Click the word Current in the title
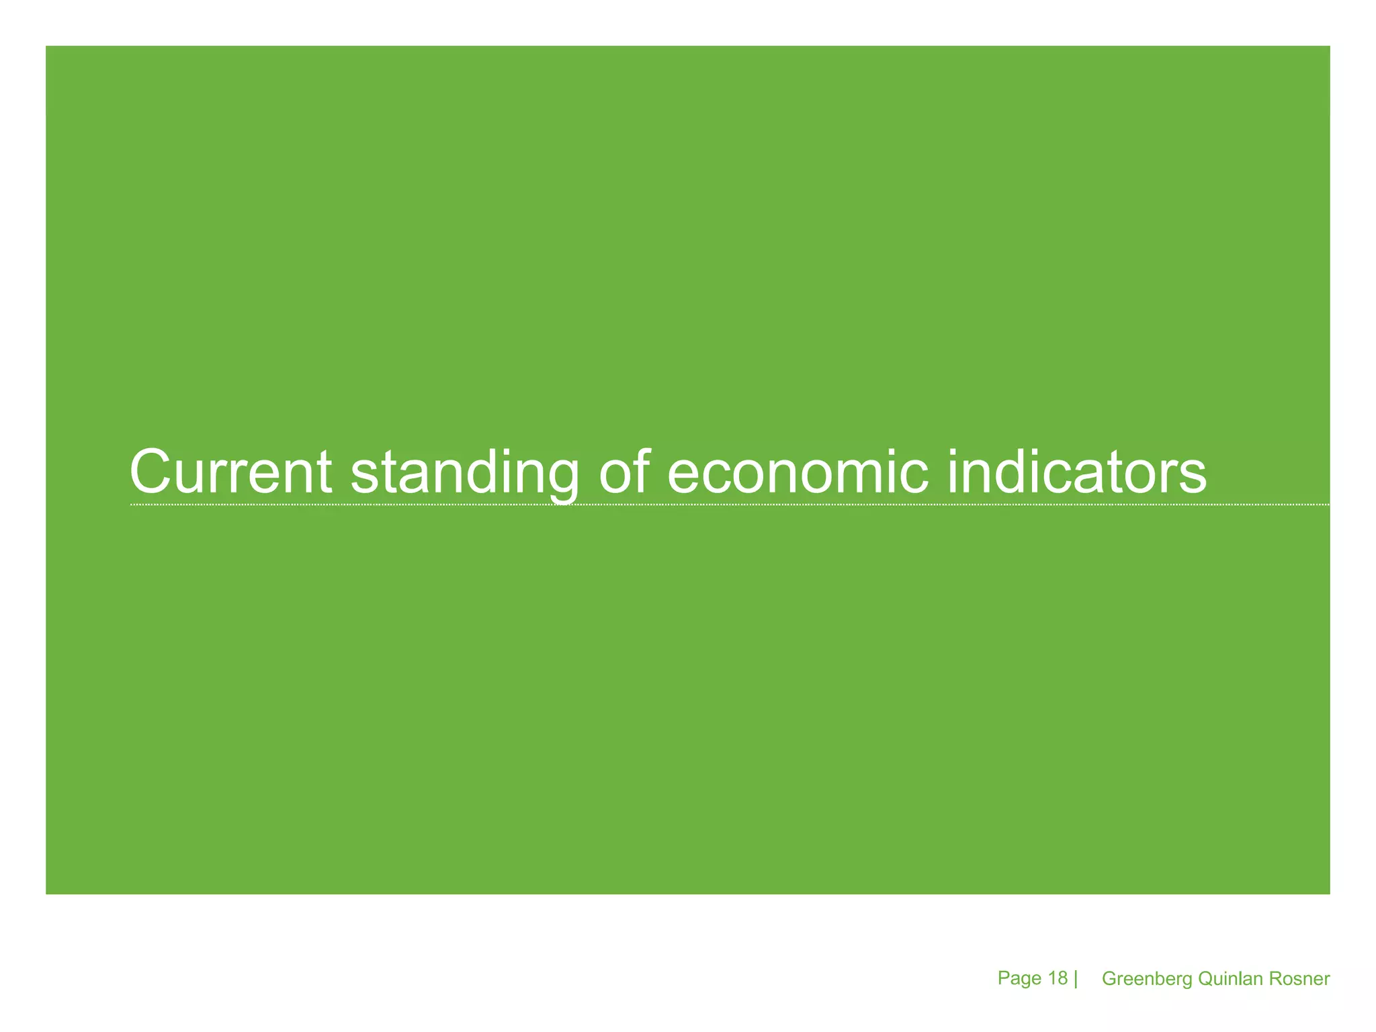click(230, 472)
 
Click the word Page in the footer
click(1019, 978)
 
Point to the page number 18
click(1058, 978)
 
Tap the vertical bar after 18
click(1076, 979)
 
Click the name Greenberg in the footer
click(1147, 979)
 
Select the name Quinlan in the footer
click(1230, 979)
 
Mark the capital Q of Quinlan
click(1205, 979)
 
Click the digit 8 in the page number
click(1062, 978)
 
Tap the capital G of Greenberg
click(1109, 979)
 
